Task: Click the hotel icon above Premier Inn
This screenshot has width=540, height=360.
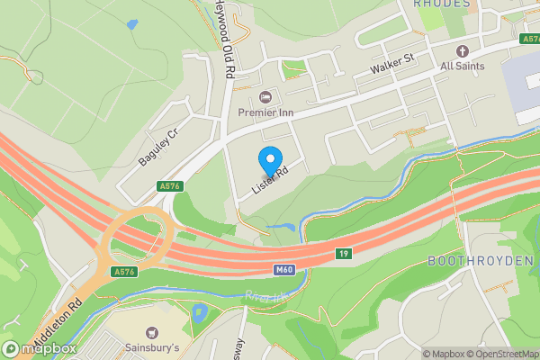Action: click(x=265, y=97)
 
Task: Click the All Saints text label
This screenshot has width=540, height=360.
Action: click(x=463, y=66)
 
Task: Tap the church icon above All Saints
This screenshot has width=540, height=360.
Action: click(x=463, y=50)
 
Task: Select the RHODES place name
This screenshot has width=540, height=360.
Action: click(x=442, y=4)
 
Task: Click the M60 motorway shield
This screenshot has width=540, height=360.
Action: click(x=283, y=269)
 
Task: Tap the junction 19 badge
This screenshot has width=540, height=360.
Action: click(x=344, y=254)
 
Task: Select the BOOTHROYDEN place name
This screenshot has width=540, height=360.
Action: click(x=481, y=259)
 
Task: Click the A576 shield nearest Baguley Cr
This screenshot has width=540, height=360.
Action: click(x=166, y=186)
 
